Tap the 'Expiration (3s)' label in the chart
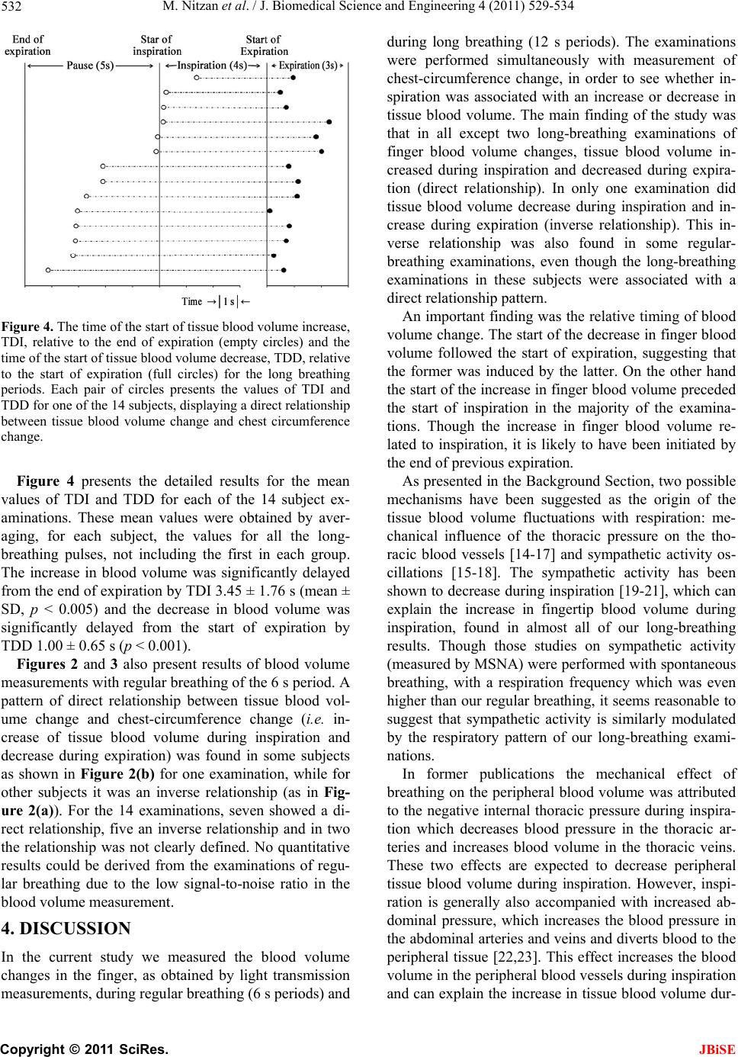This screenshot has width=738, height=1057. tap(308, 66)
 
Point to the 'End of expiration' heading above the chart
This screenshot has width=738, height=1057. tap(29, 45)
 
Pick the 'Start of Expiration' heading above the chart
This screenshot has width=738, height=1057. tap(264, 45)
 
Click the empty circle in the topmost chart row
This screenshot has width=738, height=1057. tap(197, 77)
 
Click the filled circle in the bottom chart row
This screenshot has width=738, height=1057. tap(284, 270)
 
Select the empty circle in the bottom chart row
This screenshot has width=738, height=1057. tap(48, 270)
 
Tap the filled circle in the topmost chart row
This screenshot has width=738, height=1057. tap(294, 77)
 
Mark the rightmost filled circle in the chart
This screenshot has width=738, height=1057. tap(329, 121)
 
